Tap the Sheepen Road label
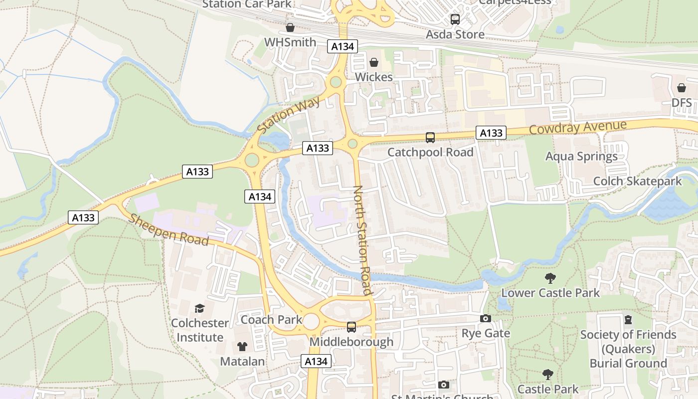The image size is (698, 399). (x=169, y=230)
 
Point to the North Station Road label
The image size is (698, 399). (x=362, y=240)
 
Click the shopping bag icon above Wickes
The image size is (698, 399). (x=373, y=63)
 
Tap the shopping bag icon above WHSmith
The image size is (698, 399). (x=290, y=27)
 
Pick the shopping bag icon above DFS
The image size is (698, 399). (x=682, y=88)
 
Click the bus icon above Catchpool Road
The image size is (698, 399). (x=430, y=138)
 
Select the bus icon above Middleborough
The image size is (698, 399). (x=351, y=327)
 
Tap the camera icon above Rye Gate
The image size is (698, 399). (x=485, y=319)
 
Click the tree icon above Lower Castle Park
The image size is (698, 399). (x=550, y=278)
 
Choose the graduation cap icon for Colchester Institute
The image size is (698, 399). (x=199, y=308)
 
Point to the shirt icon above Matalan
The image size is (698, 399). (x=242, y=346)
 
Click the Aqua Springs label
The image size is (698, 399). (x=581, y=157)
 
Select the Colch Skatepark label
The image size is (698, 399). (x=637, y=181)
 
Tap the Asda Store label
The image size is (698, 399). (x=455, y=34)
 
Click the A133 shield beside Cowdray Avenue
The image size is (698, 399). (x=491, y=133)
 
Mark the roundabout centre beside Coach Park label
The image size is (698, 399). (x=311, y=322)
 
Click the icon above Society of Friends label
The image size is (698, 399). (x=628, y=319)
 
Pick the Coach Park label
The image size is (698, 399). (x=271, y=320)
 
